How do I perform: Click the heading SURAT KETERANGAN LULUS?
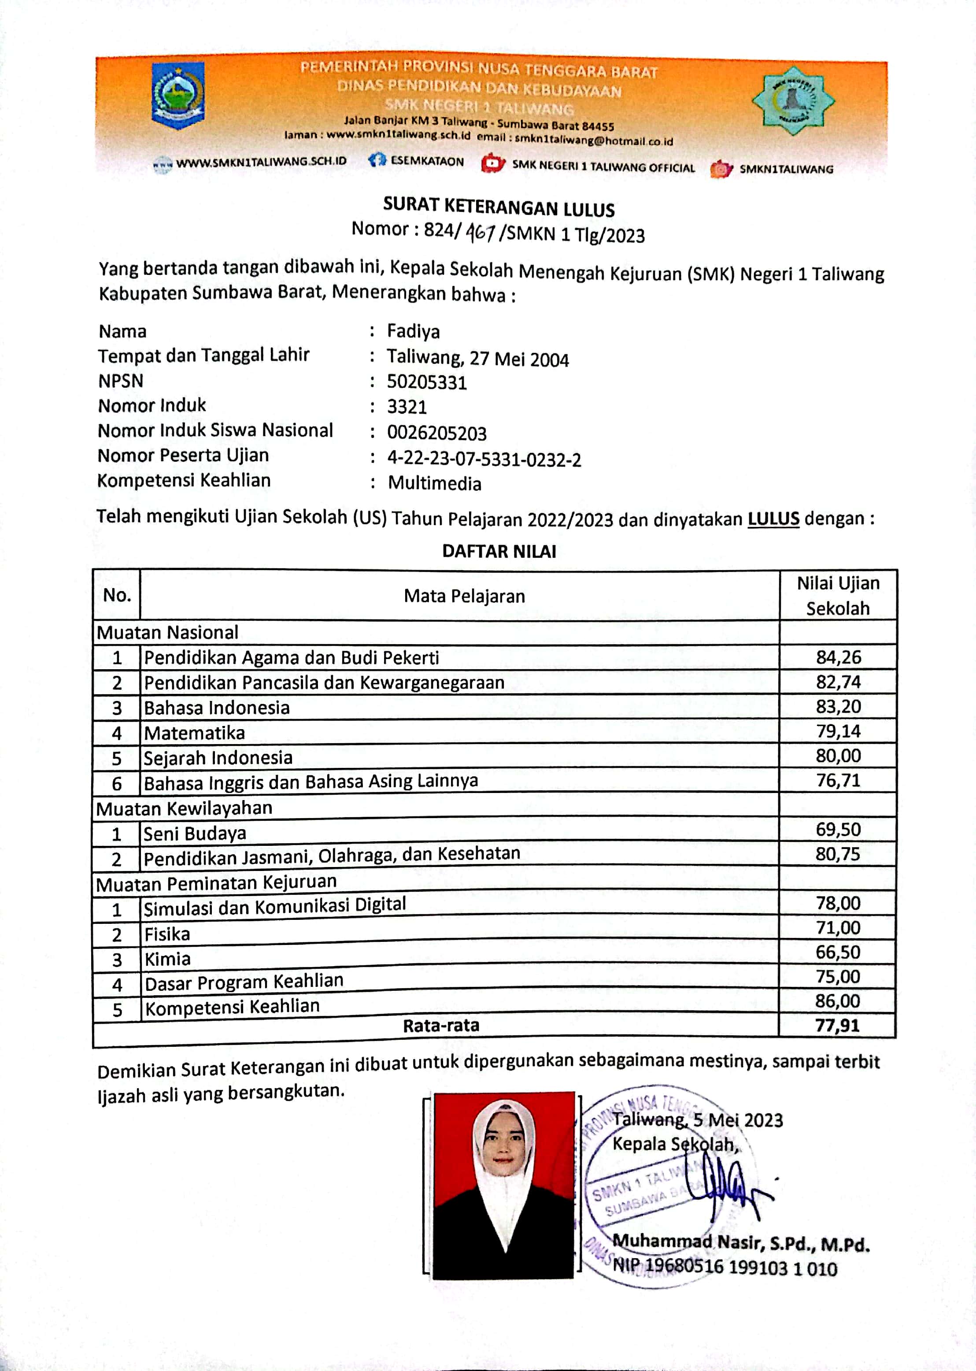499,208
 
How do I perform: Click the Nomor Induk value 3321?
407,408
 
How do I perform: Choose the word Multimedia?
435,484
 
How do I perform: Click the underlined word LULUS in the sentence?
773,519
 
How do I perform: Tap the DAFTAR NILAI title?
499,551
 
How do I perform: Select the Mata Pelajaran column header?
464,596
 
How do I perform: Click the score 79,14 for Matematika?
838,731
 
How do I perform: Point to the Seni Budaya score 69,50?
838,830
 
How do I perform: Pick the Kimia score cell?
838,952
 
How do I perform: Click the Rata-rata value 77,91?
837,1026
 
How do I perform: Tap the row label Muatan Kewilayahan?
184,808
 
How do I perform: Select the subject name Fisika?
167,934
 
